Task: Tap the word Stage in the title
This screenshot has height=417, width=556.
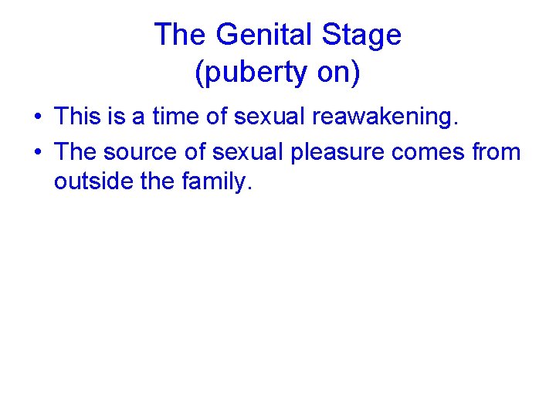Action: pos(362,36)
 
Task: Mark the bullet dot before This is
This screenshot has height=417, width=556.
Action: pos(37,117)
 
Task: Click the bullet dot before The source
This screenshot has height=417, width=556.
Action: pos(37,153)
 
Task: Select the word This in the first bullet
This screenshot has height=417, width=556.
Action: pos(79,117)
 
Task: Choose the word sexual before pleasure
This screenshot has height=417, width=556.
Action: pos(252,152)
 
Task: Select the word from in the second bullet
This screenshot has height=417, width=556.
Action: pos(497,152)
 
